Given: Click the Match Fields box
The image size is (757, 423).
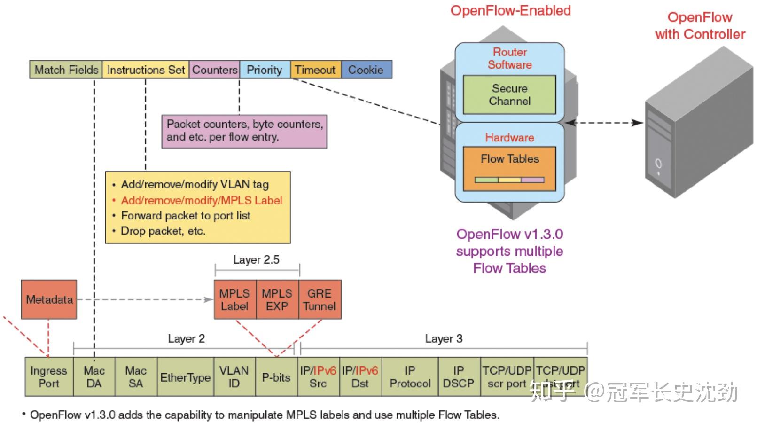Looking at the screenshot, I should click(x=66, y=70).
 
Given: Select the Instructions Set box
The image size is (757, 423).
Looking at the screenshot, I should click(x=146, y=70).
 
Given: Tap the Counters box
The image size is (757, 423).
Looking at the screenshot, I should click(x=215, y=70).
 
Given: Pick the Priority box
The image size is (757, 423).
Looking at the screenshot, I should click(x=265, y=70).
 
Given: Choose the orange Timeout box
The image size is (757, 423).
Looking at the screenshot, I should click(x=315, y=70).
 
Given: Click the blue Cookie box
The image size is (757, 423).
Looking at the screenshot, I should click(x=366, y=70).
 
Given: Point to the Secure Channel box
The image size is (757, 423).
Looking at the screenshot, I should click(x=509, y=94).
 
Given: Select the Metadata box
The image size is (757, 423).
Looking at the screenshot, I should click(x=49, y=299).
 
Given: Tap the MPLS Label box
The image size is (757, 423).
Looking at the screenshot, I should click(x=234, y=299).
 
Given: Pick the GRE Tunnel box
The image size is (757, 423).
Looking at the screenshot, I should click(x=320, y=299).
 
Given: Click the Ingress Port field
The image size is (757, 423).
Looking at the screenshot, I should click(x=49, y=376).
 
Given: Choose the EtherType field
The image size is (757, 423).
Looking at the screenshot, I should click(x=185, y=377).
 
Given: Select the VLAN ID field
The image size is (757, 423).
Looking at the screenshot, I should click(x=234, y=376).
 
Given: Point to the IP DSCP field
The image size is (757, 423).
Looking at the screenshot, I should click(x=459, y=376).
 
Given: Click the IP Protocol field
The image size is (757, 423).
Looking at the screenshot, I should click(x=410, y=376).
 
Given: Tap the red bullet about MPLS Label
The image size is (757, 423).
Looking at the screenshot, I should click(x=201, y=200).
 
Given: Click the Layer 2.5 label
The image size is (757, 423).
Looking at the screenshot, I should click(x=256, y=260).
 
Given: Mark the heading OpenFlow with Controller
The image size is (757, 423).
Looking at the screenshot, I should click(x=700, y=26).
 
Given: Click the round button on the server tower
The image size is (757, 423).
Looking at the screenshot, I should click(x=658, y=164).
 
